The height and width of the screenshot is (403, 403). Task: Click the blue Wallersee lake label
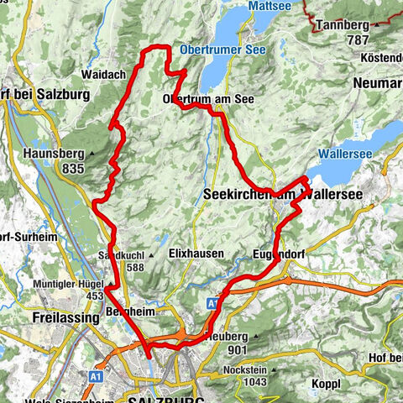[352, 154]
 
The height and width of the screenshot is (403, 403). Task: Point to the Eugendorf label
[280, 253]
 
